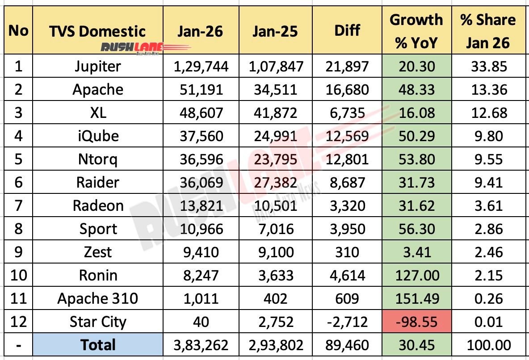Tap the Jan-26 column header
[201, 31]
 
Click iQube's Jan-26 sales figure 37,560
[201, 136]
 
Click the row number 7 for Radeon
[18, 205]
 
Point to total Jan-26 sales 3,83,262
[201, 345]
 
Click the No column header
[18, 31]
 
